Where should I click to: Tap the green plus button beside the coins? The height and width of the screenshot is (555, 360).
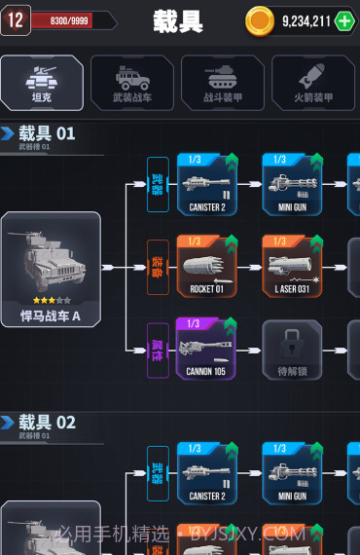coord(344,20)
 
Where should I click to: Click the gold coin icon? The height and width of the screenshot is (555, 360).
coord(260,20)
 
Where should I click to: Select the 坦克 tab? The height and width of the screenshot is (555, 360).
coord(42,82)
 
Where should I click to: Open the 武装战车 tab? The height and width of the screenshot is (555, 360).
coord(132,82)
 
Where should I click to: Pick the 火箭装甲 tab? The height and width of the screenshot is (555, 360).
coord(313,82)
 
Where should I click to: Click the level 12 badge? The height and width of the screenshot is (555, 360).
coord(15,19)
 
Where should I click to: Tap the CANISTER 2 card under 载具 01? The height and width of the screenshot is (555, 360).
coord(206,183)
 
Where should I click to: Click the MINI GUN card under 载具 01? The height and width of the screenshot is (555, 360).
coord(292,183)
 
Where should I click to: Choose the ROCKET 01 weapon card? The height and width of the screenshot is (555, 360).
coord(206,266)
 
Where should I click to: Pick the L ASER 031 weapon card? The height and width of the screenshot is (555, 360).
coord(292,266)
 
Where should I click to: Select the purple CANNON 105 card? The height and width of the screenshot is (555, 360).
coord(206,348)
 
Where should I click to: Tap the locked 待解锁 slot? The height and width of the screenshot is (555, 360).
coord(292,350)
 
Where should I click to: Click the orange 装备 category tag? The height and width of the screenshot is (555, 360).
coord(157,266)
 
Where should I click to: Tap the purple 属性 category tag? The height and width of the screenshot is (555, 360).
coord(157,348)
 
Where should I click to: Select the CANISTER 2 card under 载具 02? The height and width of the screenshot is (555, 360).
coord(206,472)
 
